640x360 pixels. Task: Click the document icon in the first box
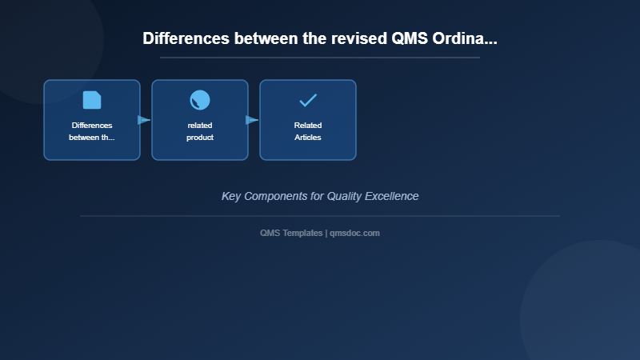tap(92, 100)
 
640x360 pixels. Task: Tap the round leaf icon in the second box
tap(200, 100)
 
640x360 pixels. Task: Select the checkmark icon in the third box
tap(308, 100)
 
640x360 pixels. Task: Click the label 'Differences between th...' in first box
tap(92, 131)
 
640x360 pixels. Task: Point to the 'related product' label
tap(200, 131)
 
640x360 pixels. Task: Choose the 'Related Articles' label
tap(308, 131)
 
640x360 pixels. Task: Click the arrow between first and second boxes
tap(144, 120)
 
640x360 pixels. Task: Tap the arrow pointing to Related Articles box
tap(252, 120)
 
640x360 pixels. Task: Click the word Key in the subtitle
tap(231, 196)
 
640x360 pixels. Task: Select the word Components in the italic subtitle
tap(283, 196)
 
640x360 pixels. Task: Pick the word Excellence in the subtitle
tap(390, 196)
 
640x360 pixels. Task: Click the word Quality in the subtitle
tap(344, 196)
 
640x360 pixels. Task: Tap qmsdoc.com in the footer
tap(354, 233)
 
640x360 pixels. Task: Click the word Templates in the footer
tap(303, 233)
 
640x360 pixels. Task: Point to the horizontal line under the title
tap(320, 58)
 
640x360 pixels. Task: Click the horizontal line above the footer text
tap(320, 216)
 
